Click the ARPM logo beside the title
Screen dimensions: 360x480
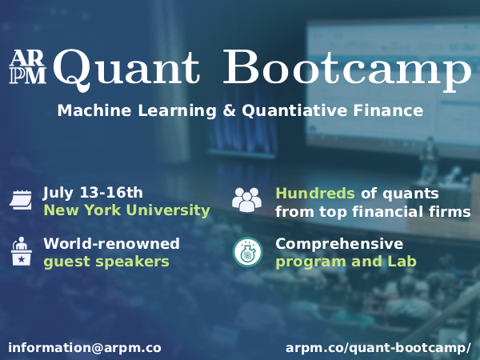click(28, 67)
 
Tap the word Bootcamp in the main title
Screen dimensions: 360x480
click(346, 68)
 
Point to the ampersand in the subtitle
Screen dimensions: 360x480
click(227, 110)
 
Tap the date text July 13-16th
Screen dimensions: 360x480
click(93, 192)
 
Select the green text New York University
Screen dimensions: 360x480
click(126, 210)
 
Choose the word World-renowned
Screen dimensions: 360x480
click(111, 243)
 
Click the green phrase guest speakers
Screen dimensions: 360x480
click(106, 262)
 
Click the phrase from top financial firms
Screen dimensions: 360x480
click(373, 212)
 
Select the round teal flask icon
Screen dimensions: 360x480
click(247, 252)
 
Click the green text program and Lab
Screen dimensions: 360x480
click(346, 262)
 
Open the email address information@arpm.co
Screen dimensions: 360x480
click(85, 348)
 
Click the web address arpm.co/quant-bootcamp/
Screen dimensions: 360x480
click(378, 348)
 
